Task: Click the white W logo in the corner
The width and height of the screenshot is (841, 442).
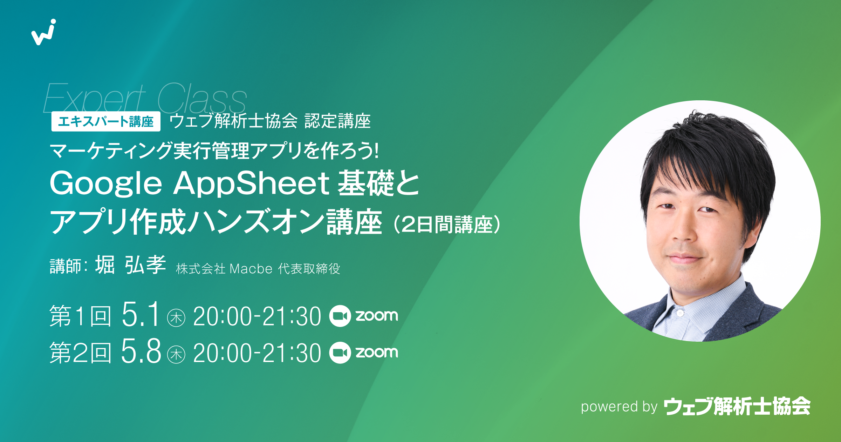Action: (44, 32)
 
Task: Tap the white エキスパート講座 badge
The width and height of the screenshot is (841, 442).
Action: (105, 121)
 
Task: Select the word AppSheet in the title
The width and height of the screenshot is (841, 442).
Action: (251, 183)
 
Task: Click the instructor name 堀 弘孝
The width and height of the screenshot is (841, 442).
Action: (130, 265)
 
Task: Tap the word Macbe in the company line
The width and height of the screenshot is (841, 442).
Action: (251, 269)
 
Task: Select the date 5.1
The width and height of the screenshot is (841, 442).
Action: (141, 315)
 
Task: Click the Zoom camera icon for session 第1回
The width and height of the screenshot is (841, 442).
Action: (340, 316)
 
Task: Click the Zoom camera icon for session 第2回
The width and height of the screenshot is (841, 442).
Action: (340, 353)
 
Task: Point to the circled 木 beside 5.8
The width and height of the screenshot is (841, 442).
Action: (176, 355)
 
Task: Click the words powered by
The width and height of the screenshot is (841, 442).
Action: (619, 407)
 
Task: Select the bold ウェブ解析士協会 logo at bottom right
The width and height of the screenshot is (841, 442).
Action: (737, 407)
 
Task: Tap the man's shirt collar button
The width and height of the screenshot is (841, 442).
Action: (680, 313)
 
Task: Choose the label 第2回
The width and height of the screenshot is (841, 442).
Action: (80, 353)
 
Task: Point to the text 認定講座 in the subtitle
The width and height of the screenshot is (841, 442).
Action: (337, 121)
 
